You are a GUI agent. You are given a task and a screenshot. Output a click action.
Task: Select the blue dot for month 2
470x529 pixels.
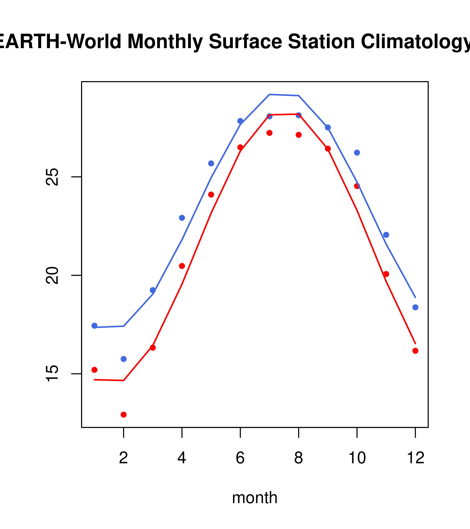coord(124,359)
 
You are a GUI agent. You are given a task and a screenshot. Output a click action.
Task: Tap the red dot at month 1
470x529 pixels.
coord(94,370)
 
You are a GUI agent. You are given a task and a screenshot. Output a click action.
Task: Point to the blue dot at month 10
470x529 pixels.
coord(357,153)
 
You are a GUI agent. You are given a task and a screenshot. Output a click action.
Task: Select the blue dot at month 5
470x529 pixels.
coord(211,163)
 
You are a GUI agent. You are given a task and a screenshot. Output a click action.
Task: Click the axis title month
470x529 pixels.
coord(255,497)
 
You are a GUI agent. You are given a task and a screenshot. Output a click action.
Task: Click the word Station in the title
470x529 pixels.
coord(321,42)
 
